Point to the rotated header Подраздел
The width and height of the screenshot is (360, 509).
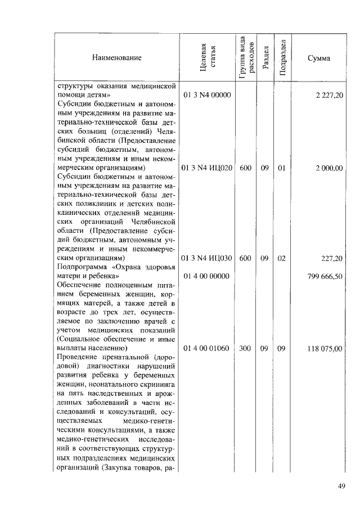283,57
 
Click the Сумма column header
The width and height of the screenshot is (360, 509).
318,57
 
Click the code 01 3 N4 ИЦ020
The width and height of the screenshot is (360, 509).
207,168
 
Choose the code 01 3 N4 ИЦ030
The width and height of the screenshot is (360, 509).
207,258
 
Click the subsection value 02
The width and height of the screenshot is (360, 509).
282,258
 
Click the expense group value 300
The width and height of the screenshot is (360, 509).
245,348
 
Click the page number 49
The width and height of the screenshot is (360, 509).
341,487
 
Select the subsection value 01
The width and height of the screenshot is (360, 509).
282,168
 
